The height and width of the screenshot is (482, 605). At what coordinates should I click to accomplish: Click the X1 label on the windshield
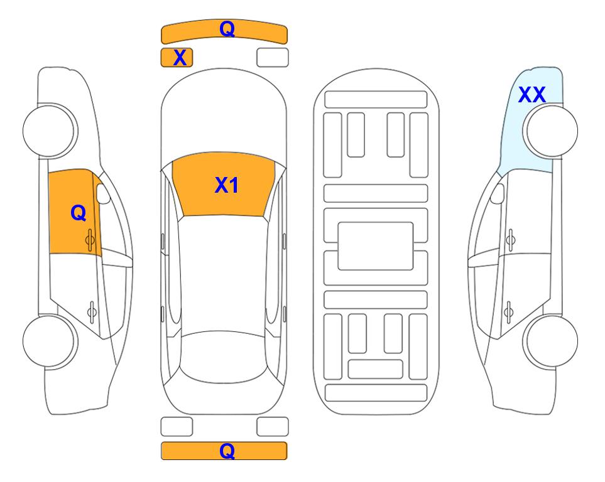tap(227, 185)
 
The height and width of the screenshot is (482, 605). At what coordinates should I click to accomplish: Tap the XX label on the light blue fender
tap(531, 95)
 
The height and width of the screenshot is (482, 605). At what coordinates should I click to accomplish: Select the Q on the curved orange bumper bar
tap(227, 28)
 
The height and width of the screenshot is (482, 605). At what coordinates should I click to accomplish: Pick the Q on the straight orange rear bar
tap(227, 451)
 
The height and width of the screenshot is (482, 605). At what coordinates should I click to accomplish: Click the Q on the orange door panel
tap(79, 213)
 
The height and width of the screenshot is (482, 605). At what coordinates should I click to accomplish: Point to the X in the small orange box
tap(180, 58)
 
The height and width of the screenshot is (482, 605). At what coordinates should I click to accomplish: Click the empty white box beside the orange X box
tap(273, 58)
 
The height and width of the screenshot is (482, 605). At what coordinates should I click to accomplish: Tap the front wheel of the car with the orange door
tap(48, 131)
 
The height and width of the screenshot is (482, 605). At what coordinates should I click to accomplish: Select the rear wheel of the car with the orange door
tap(48, 341)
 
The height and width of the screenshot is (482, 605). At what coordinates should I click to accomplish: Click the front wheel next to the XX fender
tap(552, 131)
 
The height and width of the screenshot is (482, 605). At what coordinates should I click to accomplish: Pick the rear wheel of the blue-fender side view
tap(552, 341)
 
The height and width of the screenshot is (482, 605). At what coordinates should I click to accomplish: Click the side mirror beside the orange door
tap(103, 193)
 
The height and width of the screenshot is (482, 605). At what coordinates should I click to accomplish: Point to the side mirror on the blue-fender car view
tap(498, 193)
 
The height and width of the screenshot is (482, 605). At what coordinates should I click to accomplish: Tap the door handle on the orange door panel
tap(90, 240)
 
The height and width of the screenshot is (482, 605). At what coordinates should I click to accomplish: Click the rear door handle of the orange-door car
tap(92, 312)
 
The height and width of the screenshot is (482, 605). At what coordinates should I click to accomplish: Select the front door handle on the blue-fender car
tap(511, 240)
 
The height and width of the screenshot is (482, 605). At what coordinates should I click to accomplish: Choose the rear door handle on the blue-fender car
tap(508, 312)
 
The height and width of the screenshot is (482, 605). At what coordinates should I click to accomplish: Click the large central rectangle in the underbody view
tap(376, 246)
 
